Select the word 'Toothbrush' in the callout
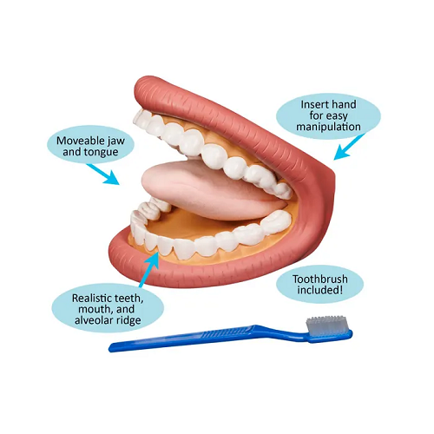pos(320,279)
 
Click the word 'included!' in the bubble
pos(320,290)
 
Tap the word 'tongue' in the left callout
pos(101,152)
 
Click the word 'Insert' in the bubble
pos(312,104)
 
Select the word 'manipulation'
pos(328,127)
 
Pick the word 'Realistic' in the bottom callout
pos(92,298)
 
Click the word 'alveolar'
pos(93,320)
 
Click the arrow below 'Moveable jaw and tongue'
pos(103,174)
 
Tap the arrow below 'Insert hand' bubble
pos(349,147)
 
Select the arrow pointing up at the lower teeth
pos(149,268)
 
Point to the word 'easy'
pos(336,116)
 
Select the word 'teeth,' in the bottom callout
pos(129,299)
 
